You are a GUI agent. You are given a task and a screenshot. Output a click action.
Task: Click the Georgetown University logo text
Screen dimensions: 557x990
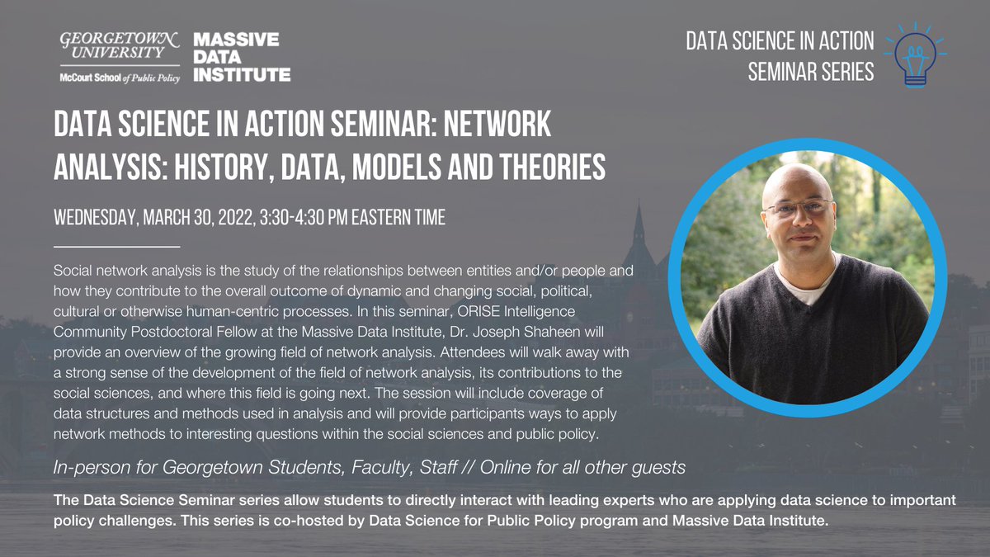[120, 46]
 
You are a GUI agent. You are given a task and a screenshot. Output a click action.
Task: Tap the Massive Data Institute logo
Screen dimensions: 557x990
[241, 58]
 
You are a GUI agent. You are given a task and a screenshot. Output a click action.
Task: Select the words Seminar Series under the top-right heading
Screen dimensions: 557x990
[810, 72]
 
